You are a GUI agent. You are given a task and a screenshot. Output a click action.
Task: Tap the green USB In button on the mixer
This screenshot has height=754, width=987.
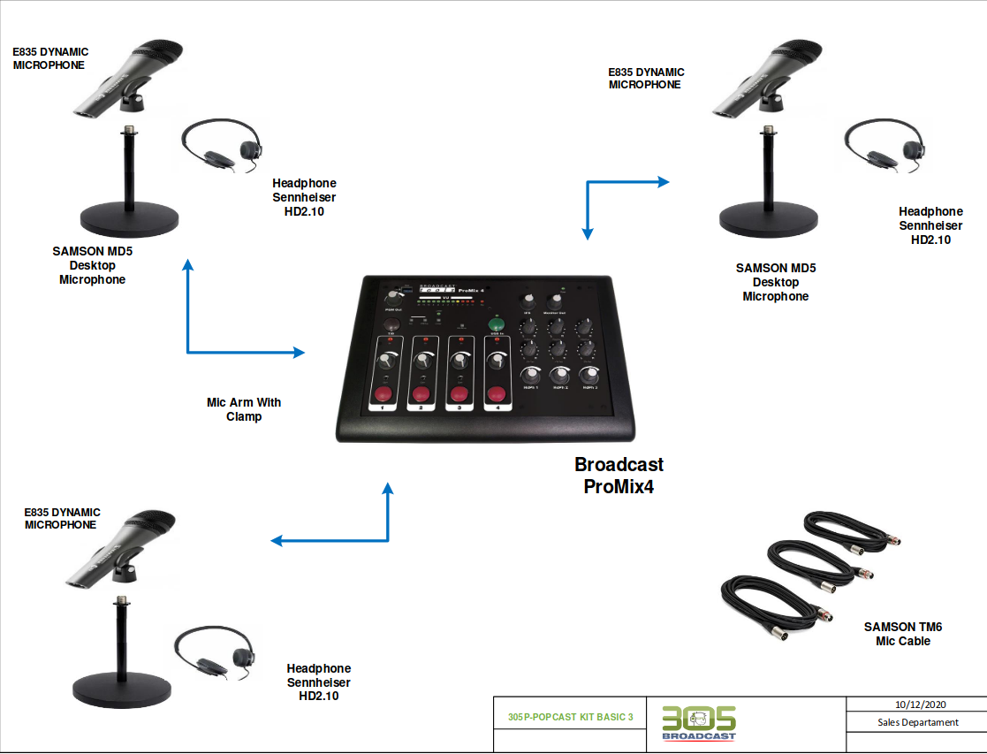coord(496,324)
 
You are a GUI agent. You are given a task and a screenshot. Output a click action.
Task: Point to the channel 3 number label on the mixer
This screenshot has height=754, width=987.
coord(459,409)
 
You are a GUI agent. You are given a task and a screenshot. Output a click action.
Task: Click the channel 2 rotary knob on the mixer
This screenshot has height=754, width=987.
coord(421,362)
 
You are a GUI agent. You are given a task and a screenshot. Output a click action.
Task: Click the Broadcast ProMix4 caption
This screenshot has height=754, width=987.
coord(619,475)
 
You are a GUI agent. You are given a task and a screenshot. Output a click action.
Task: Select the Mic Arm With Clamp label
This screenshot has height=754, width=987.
coord(244,409)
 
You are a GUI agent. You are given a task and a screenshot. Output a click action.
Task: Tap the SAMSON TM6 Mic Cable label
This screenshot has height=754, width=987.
coord(903,634)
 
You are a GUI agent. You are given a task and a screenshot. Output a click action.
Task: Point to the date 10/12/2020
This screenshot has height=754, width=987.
coord(920,704)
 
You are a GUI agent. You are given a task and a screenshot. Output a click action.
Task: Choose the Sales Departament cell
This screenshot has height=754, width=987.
coord(918,722)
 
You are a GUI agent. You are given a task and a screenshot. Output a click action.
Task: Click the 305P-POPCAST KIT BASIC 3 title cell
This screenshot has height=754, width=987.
coord(571,717)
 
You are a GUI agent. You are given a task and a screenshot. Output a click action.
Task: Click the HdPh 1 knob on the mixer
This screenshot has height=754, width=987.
coord(530,374)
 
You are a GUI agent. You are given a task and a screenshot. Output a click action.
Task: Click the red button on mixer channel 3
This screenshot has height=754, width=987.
coord(459,393)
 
